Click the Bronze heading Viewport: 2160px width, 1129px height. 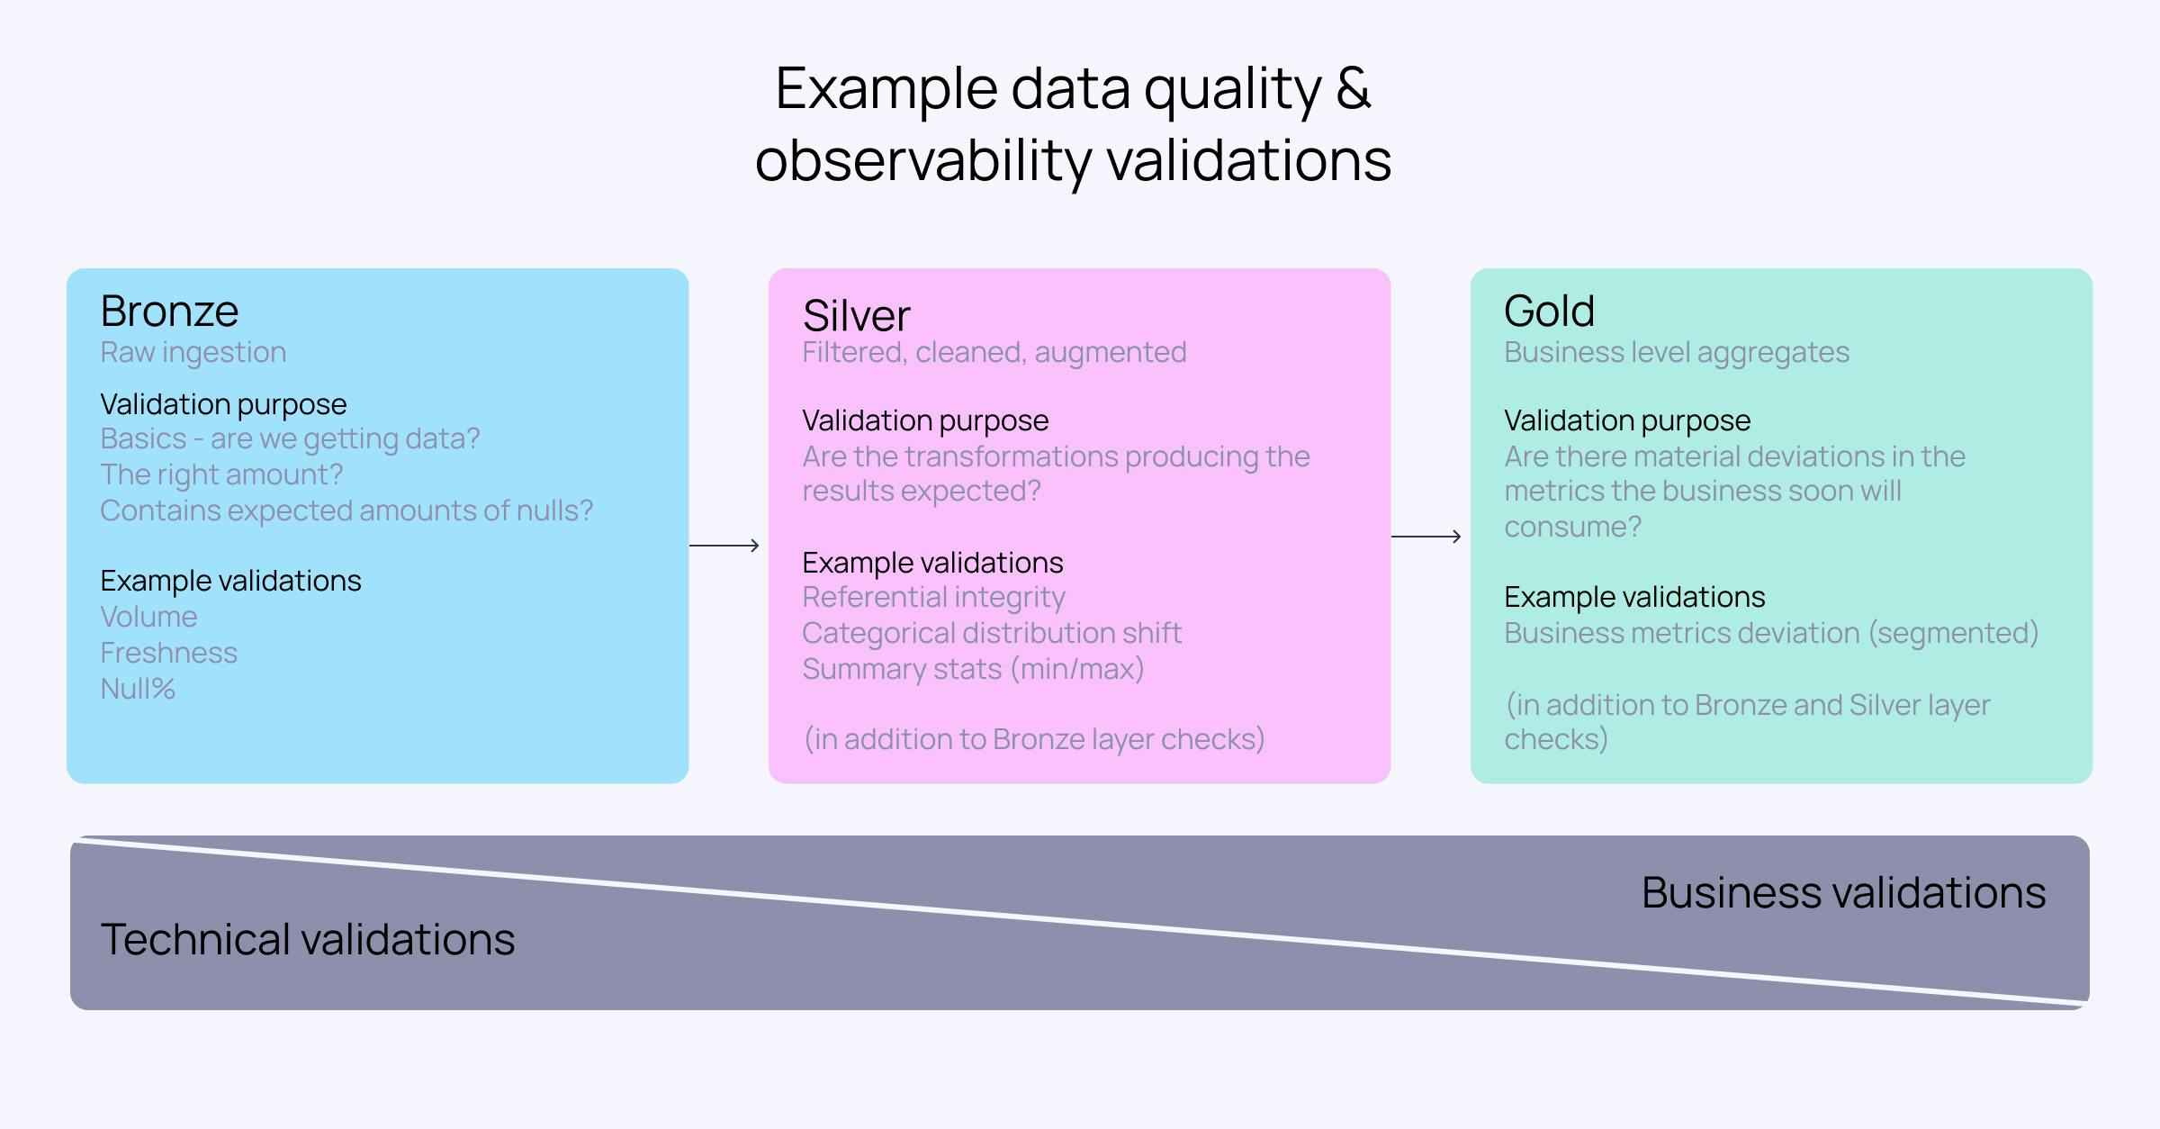coord(169,312)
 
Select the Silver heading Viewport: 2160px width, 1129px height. coord(856,316)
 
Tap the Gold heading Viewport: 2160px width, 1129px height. coord(1549,312)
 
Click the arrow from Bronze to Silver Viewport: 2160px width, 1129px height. coord(724,546)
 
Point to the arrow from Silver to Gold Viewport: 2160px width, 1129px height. coord(1426,537)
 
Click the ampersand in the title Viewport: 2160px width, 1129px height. coord(1353,89)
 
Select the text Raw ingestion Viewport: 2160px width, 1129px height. coord(193,352)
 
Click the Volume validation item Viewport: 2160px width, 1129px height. coord(148,617)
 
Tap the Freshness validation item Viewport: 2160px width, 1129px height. coord(168,653)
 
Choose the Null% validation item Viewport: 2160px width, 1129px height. coord(137,689)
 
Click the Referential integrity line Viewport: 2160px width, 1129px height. coord(933,597)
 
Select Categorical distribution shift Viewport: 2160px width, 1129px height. coord(991,633)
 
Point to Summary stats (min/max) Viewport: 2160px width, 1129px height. coord(973,669)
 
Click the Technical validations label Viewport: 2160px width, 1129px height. coord(307,939)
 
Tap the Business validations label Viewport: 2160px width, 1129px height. coord(1843,892)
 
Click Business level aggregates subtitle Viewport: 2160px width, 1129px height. coord(1676,352)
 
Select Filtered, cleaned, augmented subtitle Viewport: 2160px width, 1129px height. coord(994,352)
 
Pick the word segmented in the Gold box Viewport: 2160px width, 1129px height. coord(1953,633)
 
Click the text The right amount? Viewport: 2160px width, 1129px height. coord(221,474)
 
